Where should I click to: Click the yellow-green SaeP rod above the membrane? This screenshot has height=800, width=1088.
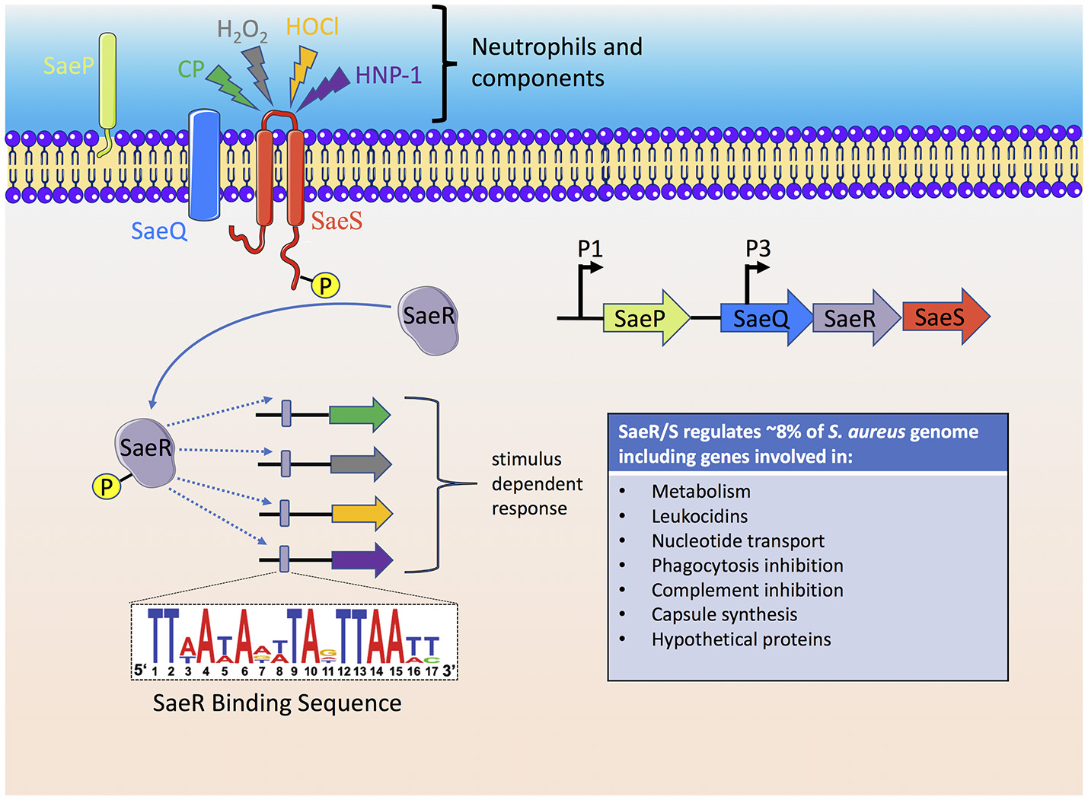(107, 80)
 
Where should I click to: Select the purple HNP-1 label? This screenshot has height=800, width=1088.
(388, 75)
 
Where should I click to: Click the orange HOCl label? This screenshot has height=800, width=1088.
(312, 27)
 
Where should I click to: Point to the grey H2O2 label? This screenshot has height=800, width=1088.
(242, 30)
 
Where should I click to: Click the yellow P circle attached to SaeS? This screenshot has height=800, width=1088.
(326, 285)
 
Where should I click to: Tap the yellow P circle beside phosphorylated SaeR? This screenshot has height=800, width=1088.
(107, 486)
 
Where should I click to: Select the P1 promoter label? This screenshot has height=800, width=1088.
(590, 249)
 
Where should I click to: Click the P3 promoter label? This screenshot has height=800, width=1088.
(758, 249)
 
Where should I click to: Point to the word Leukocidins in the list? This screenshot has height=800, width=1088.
(699, 516)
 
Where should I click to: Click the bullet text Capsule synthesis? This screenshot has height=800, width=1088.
(724, 614)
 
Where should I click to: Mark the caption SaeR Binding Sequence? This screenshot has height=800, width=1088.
(277, 703)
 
